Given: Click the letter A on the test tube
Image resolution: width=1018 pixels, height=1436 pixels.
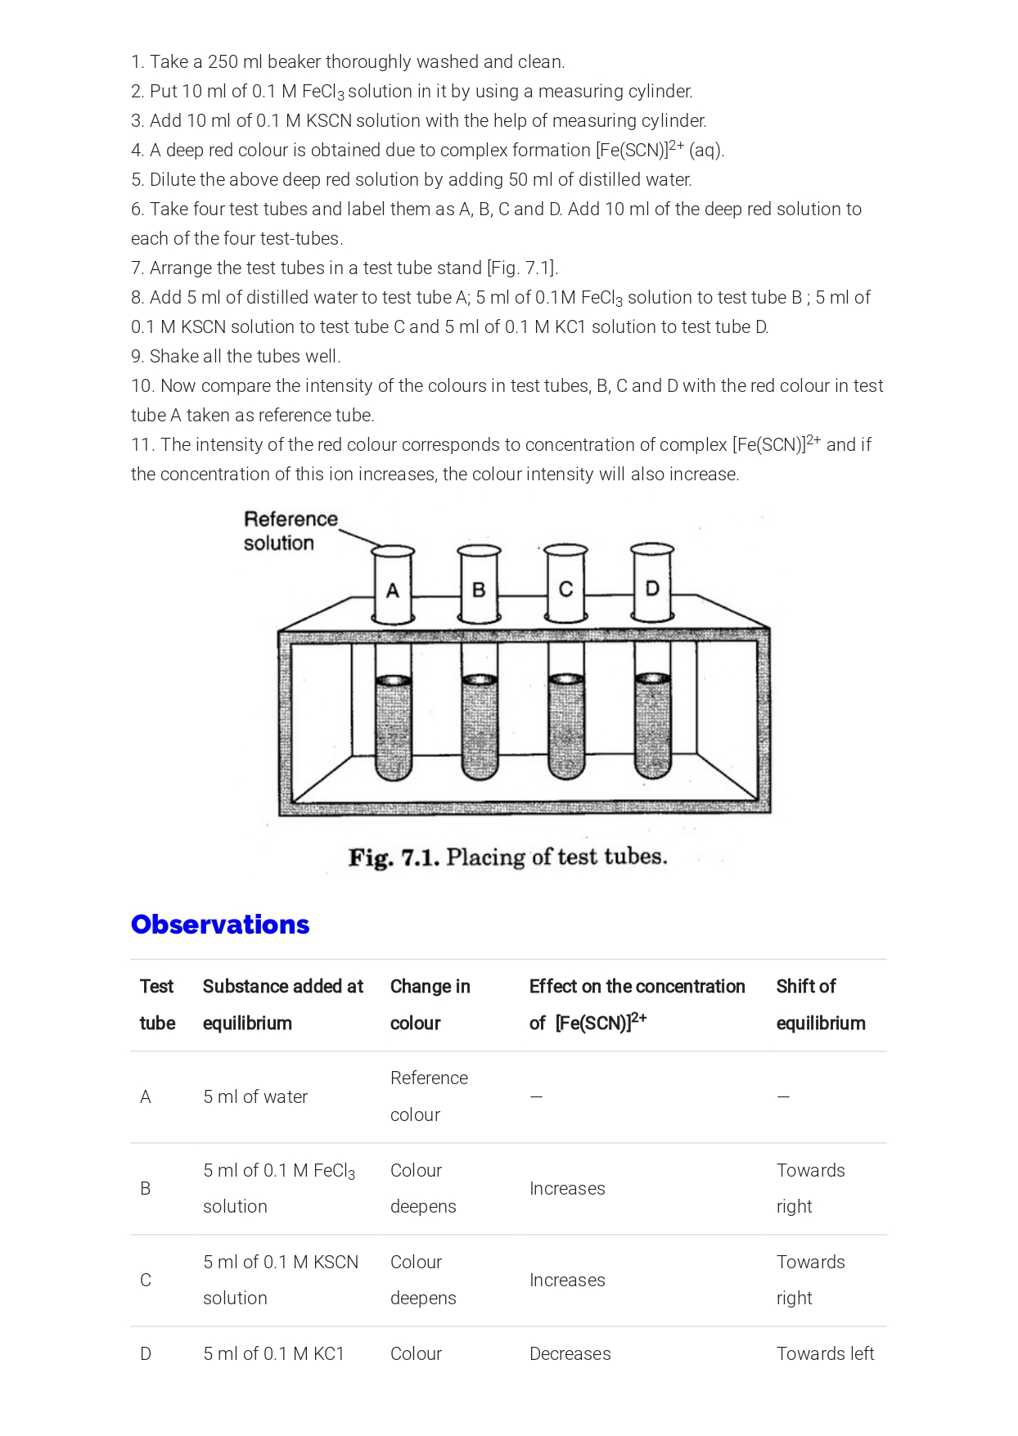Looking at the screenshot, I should pos(393,591).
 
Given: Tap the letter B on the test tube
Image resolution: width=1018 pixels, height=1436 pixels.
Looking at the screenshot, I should pos(480,589).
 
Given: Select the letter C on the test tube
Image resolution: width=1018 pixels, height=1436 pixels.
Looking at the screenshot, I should pos(565,589).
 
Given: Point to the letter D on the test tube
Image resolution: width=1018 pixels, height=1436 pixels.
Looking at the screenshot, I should pos(652,587).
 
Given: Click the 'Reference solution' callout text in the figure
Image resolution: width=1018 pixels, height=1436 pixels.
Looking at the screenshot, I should pos(290,531).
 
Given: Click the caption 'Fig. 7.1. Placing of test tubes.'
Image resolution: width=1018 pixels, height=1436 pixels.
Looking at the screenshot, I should pos(507,858).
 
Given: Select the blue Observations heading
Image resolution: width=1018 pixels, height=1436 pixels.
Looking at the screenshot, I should pos(220,925).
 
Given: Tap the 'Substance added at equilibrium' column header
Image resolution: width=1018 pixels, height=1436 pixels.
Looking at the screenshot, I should pos(282,1005).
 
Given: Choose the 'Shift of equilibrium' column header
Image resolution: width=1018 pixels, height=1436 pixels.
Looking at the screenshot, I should pos(820,1005).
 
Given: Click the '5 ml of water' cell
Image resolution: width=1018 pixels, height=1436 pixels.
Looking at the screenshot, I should pos(255,1097).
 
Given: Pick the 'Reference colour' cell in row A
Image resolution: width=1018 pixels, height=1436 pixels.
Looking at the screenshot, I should pos(428,1096).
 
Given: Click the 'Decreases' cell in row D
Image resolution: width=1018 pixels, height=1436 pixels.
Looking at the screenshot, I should pos(570,1354).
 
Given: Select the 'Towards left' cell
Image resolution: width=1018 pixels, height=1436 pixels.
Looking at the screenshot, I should pos(825,1354).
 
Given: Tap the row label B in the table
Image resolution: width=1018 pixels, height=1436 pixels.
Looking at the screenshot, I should pos(146,1189).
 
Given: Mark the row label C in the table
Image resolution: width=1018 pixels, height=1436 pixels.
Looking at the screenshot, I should pos(146,1281).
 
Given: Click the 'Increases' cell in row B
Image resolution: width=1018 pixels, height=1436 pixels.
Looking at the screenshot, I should pos(567,1189).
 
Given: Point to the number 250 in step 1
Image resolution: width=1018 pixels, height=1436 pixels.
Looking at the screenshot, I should pos(223,62).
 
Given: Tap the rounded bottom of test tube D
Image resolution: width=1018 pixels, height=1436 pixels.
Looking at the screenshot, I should pos(652,769).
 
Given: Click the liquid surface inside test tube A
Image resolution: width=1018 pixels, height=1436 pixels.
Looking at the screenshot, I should pos(394,681).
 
